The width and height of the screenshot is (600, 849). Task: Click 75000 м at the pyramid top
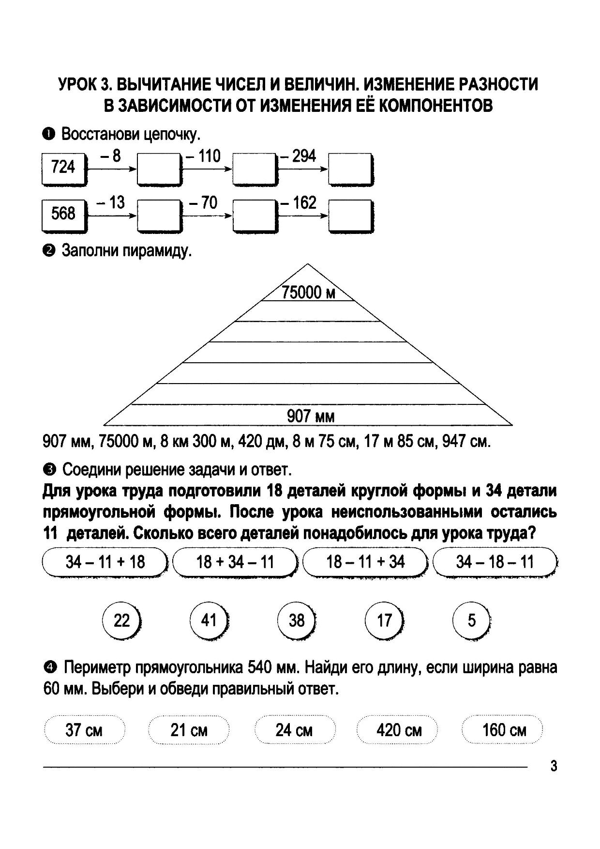point(308,293)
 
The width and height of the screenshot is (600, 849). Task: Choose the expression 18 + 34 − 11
point(235,562)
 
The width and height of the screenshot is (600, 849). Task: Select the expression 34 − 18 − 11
point(495,562)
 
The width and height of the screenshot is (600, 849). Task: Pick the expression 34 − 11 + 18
point(105,562)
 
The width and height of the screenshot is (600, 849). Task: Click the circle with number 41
point(209,620)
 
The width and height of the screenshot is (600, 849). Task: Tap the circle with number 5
point(471,620)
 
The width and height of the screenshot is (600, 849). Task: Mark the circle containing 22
point(121,620)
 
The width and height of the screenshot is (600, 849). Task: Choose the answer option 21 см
point(189,730)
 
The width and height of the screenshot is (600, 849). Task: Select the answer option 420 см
point(399,730)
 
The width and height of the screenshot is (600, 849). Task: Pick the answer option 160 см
point(504,730)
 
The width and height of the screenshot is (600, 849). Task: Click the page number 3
point(554,767)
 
